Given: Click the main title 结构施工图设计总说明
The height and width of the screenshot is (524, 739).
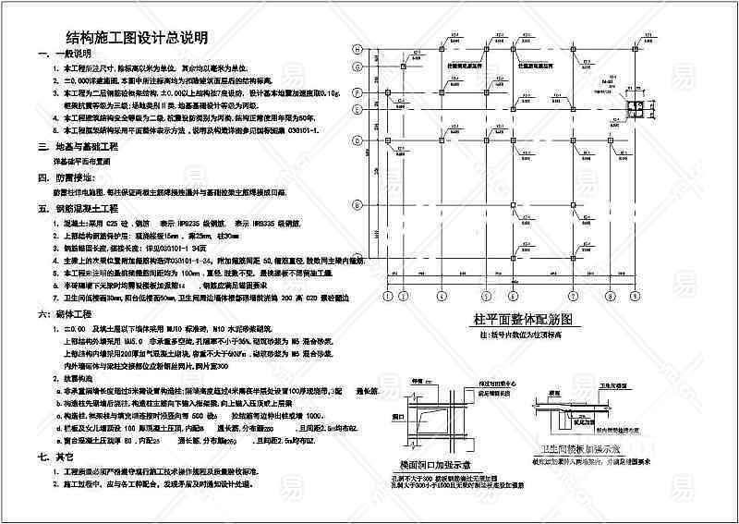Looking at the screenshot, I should pos(135,38).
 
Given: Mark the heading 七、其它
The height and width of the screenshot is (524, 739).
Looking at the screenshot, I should pos(59,457).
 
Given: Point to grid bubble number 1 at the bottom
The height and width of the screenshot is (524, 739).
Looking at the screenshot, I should pos(388,297).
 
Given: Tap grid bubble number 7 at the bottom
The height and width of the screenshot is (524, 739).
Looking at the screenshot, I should pos(573,297).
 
